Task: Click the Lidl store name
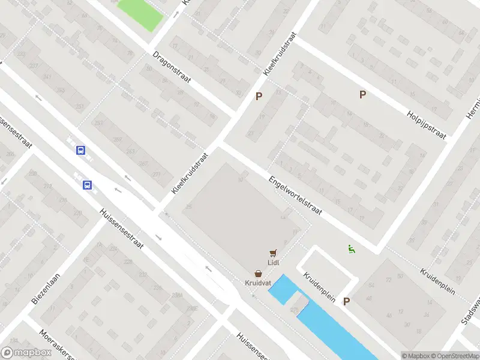(x=274, y=262)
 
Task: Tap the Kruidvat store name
(x=257, y=282)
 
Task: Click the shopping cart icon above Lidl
(x=274, y=253)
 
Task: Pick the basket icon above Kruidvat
(x=257, y=272)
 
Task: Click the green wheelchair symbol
(x=351, y=249)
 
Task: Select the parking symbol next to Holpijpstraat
(x=362, y=94)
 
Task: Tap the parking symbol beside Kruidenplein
(x=346, y=302)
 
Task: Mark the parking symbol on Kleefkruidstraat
(x=259, y=96)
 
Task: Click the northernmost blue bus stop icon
(x=80, y=151)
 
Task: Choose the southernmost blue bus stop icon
(x=88, y=185)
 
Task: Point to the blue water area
(x=324, y=318)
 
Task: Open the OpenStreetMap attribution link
(x=454, y=356)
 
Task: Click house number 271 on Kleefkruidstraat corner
(x=157, y=175)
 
